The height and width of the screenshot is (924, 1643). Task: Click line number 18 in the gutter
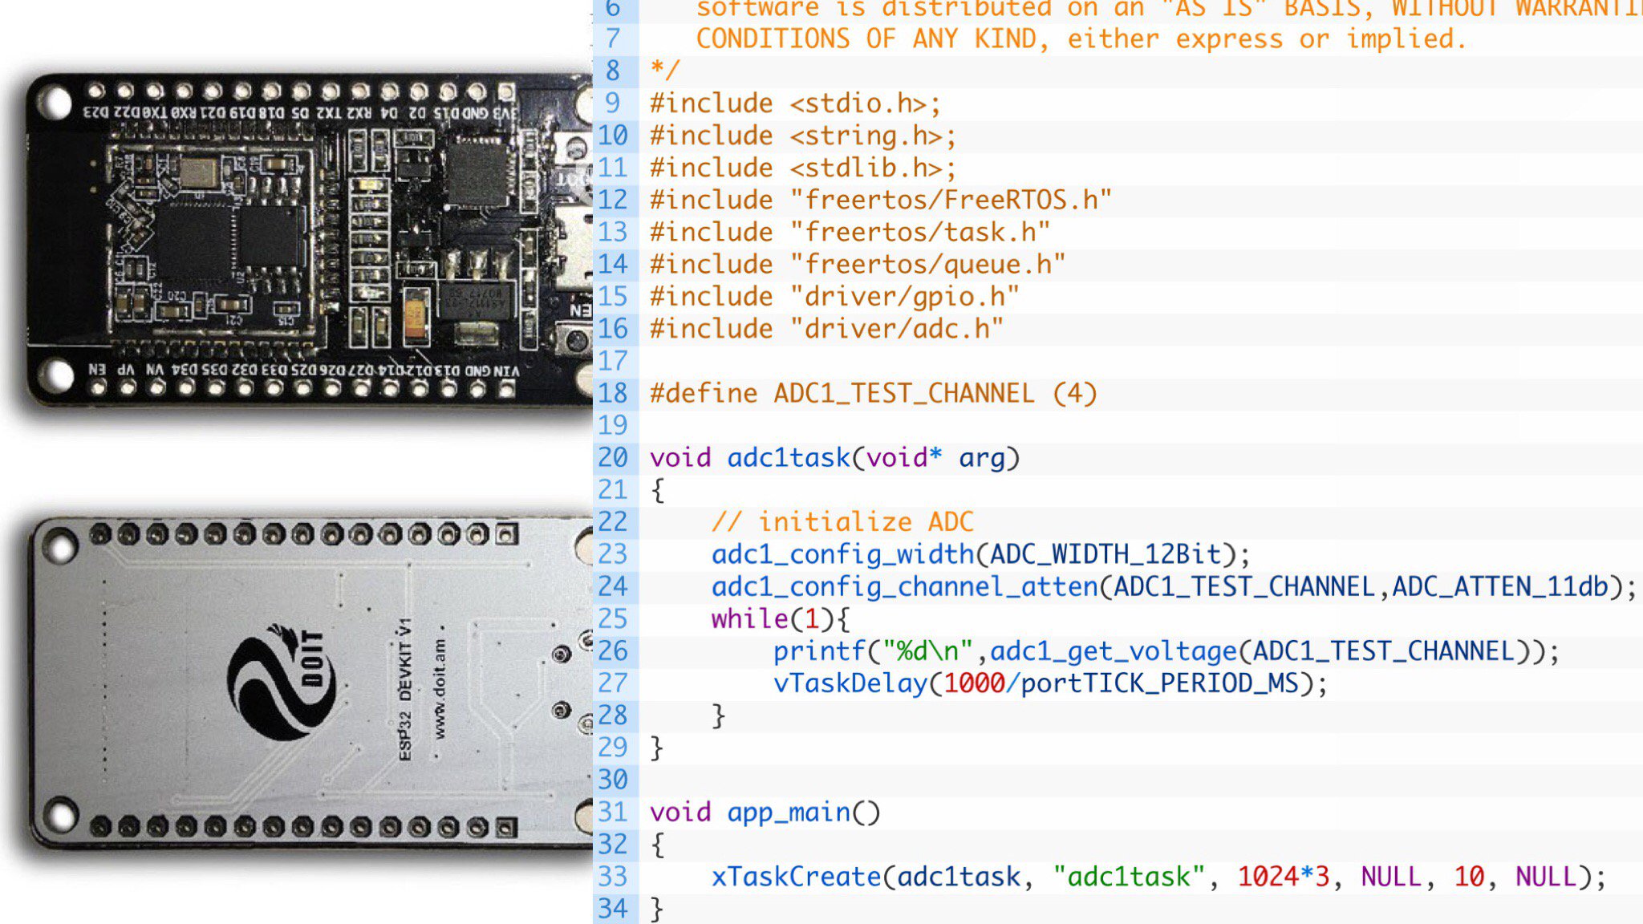tap(613, 393)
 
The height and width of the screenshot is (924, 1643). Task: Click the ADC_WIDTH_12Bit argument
tap(1105, 554)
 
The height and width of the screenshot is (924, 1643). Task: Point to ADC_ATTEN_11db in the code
tap(1500, 587)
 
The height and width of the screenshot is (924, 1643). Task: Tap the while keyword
tap(749, 619)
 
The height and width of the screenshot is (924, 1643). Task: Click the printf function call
tap(819, 651)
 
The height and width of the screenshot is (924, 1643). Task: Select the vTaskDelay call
tap(850, 683)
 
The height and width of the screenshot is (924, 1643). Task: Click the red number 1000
tap(974, 683)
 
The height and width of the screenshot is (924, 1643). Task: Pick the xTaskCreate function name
tap(796, 877)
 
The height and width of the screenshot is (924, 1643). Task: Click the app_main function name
tap(789, 813)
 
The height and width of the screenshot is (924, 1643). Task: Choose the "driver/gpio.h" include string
tap(904, 297)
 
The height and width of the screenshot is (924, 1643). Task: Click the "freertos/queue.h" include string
tap(927, 265)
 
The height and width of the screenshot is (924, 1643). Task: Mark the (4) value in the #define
tap(1074, 394)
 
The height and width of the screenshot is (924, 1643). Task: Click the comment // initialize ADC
tap(842, 522)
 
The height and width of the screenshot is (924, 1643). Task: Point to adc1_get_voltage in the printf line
tap(1114, 651)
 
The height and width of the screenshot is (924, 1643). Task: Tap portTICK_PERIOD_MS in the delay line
tap(1159, 683)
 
